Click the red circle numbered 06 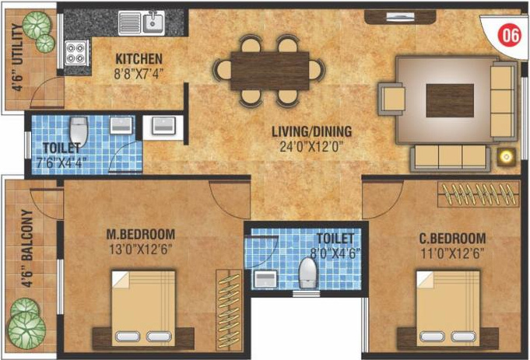[510, 35]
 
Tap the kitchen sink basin [153, 23]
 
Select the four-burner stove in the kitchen [75, 53]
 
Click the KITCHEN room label [139, 59]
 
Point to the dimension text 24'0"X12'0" [311, 147]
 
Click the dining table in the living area [270, 71]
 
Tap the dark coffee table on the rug [450, 100]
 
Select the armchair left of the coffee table [391, 100]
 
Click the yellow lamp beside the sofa [506, 157]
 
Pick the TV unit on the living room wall [400, 16]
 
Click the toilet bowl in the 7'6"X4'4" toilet [79, 131]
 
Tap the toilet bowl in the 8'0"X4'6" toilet [307, 273]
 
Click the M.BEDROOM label [141, 234]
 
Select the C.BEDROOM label [452, 239]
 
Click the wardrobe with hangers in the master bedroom [230, 310]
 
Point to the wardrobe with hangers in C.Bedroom [479, 194]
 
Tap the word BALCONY [28, 235]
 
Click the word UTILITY [18, 44]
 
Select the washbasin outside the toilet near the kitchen [163, 126]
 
